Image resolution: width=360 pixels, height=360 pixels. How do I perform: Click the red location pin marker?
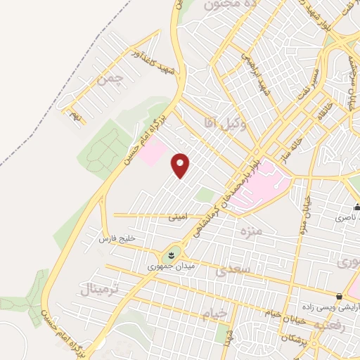181,165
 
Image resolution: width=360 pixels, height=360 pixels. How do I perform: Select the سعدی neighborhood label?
232,269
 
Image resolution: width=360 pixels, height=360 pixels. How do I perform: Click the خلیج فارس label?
117,239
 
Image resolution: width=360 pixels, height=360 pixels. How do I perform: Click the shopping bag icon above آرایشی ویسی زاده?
340,296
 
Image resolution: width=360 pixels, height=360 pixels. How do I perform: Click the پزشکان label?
295,337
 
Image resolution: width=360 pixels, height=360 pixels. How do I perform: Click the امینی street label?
178,217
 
